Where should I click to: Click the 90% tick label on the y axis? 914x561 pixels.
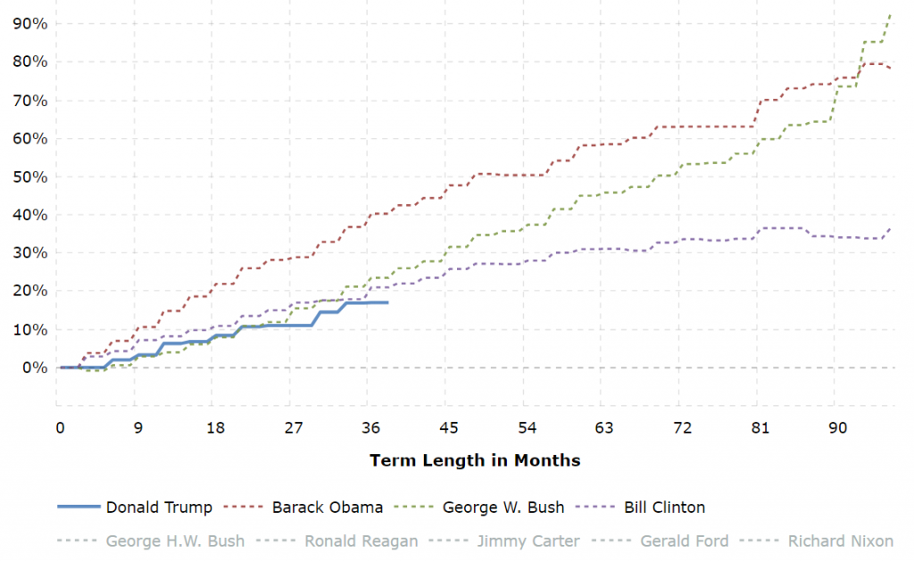[29, 23]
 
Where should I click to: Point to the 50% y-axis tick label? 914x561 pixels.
[29, 177]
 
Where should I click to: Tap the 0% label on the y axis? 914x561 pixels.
[33, 367]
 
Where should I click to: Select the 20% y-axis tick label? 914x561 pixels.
[29, 291]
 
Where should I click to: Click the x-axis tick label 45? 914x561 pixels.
[449, 427]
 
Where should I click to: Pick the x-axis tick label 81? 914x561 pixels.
[759, 427]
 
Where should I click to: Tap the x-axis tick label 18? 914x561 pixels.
[216, 427]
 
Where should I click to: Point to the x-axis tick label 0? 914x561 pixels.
[60, 427]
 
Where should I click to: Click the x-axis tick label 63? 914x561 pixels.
[604, 427]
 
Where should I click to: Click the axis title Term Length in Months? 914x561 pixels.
[475, 460]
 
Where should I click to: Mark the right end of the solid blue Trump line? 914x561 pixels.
[386, 302]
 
